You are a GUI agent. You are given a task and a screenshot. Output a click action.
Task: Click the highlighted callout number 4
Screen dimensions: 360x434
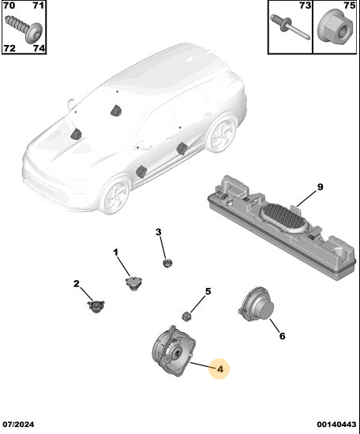220,369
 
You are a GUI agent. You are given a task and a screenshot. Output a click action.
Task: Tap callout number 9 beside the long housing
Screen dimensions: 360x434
320,187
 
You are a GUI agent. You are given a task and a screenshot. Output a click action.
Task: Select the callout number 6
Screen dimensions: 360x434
282,336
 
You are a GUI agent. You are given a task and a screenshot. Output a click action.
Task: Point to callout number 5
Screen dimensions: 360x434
208,291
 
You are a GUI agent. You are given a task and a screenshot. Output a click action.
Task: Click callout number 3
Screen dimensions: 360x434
158,232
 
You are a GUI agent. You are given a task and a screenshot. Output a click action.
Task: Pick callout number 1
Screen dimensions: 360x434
115,253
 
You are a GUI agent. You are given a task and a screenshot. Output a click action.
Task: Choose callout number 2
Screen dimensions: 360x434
77,284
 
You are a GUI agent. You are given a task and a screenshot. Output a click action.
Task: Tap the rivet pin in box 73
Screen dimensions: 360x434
290,27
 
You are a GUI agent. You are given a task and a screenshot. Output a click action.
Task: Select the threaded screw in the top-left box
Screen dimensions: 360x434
24,28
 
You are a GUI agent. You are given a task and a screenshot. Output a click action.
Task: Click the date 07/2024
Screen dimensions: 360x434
19,425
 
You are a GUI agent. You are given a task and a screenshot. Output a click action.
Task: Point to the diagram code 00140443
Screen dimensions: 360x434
336,425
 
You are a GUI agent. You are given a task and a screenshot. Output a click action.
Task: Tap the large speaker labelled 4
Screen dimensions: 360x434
174,350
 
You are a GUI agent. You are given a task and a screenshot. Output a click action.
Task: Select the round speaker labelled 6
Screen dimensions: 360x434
257,304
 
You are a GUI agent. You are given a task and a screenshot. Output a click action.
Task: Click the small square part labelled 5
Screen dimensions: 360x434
187,316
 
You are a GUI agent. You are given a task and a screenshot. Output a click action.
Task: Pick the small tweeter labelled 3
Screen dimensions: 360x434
167,262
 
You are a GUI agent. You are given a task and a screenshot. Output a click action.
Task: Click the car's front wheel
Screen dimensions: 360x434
115,195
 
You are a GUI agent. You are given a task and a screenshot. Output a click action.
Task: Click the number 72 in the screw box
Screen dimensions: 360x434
9,48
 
